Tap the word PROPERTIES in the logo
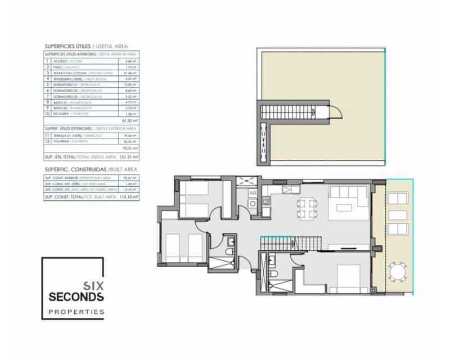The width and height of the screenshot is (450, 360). pyautogui.click(x=76, y=311)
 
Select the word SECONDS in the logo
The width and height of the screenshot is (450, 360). pyautogui.click(x=76, y=296)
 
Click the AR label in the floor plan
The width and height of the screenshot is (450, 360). pyautogui.click(x=253, y=192)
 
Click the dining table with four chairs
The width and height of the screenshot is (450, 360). pyautogui.click(x=303, y=207)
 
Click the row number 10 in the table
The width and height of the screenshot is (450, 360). pyautogui.click(x=48, y=113)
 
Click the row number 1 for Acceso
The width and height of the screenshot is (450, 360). pyautogui.click(x=48, y=61)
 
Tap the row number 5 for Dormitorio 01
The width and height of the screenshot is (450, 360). pyautogui.click(x=48, y=84)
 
